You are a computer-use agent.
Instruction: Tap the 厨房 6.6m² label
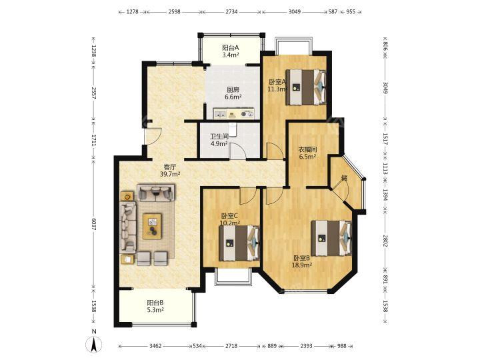[233, 93]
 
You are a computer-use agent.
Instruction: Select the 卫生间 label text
[219, 137]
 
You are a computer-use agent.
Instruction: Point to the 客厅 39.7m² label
[170, 171]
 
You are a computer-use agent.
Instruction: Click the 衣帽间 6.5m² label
[307, 153]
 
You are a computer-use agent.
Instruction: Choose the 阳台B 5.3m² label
[155, 306]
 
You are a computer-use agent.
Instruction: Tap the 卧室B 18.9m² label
[302, 261]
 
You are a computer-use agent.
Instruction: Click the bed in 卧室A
[305, 87]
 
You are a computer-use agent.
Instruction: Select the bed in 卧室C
[239, 243]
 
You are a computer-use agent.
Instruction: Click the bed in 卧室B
[331, 238]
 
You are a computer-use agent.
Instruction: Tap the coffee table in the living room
[152, 227]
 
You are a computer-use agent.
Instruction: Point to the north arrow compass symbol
[94, 344]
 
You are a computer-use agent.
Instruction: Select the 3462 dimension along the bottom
[155, 346]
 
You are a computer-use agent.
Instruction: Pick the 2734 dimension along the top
[231, 12]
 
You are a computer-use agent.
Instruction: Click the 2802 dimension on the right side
[385, 241]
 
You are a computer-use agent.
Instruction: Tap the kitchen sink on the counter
[221, 115]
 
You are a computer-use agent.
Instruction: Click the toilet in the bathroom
[233, 130]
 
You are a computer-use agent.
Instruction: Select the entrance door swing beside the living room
[153, 136]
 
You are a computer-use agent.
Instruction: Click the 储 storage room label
[345, 178]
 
